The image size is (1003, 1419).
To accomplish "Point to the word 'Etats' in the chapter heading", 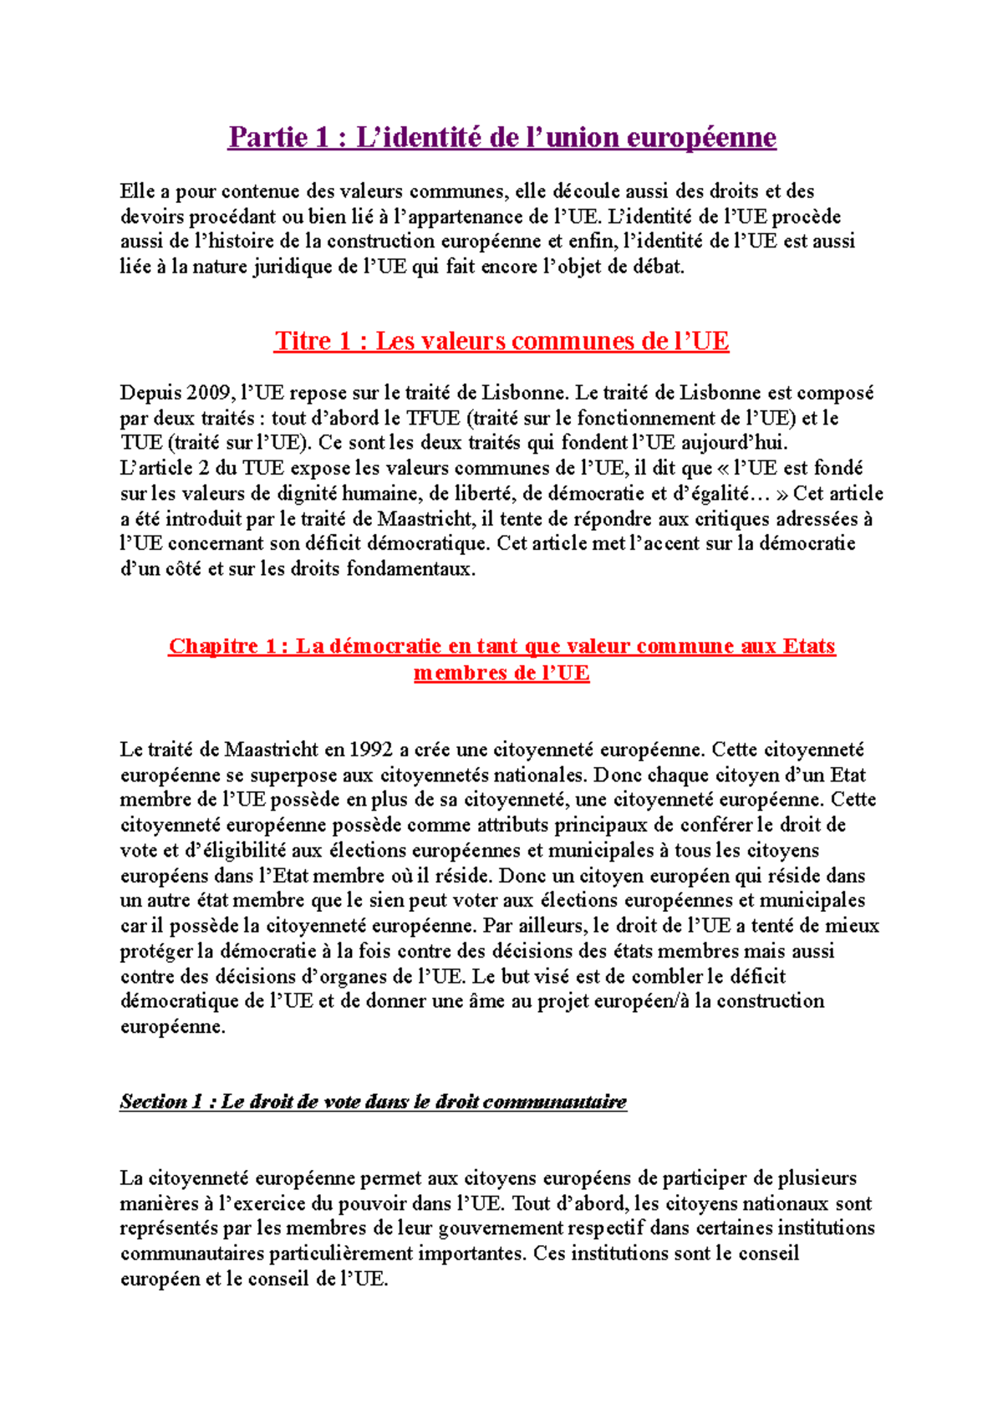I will [809, 646].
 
